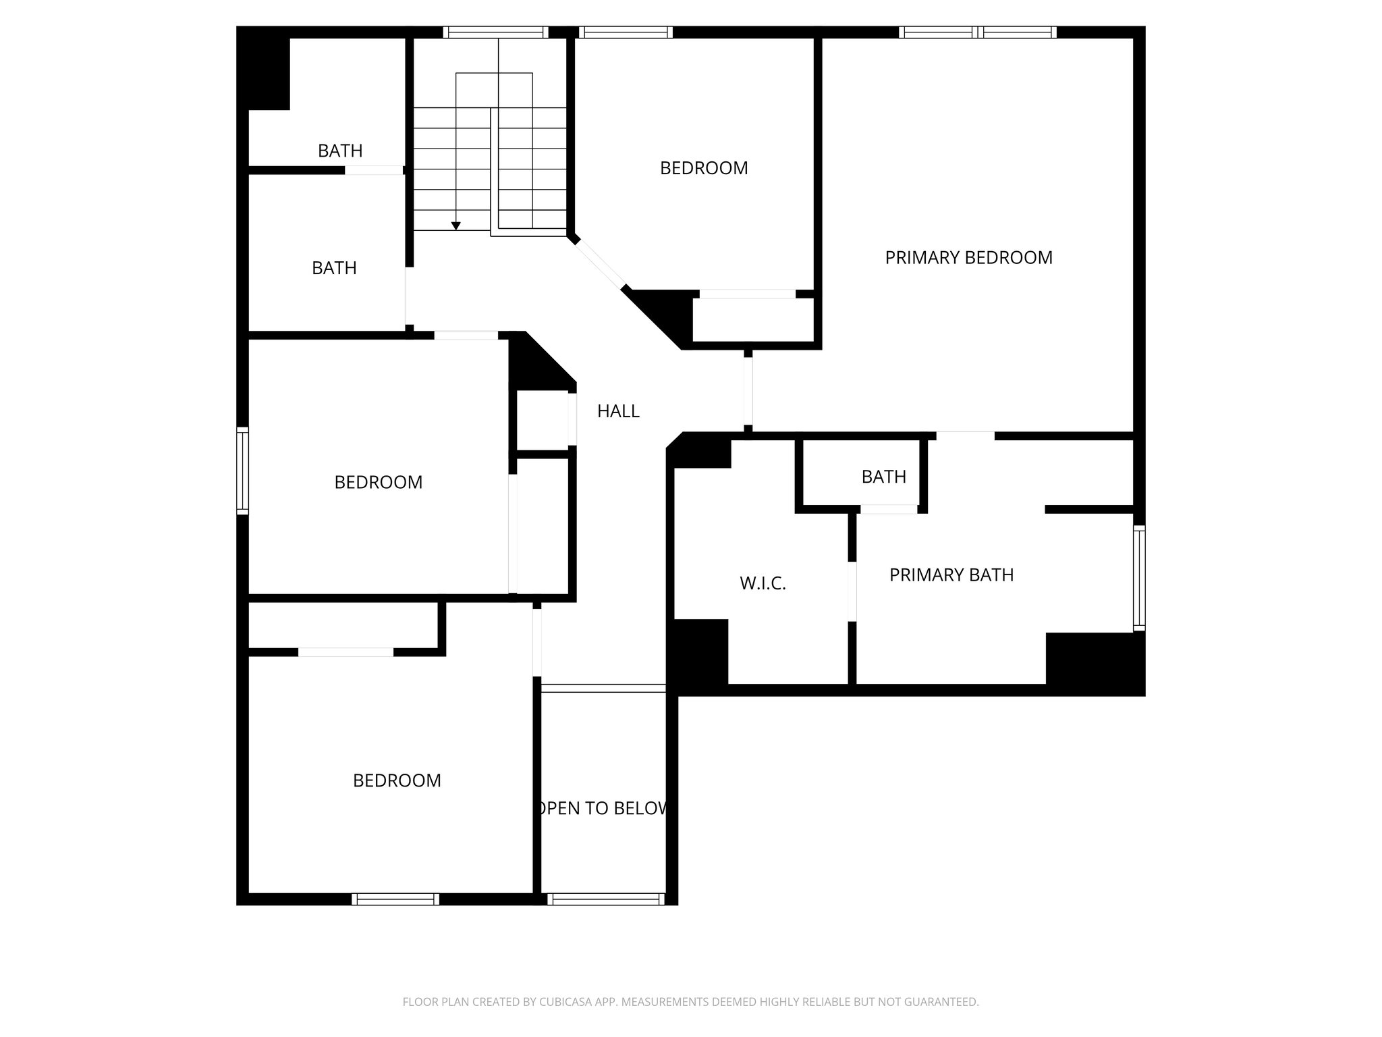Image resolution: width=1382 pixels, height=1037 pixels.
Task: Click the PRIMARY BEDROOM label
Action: (968, 257)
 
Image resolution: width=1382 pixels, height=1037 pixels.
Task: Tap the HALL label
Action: (618, 411)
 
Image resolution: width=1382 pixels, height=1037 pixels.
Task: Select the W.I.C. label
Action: (763, 583)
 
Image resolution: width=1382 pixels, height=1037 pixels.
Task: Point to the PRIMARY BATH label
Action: (951, 575)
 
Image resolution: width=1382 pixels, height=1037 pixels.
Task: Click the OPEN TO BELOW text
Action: (603, 808)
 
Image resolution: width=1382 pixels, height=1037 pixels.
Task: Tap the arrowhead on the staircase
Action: (456, 225)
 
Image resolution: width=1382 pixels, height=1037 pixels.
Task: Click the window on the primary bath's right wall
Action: (1139, 579)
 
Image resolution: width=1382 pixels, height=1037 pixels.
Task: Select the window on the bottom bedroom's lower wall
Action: (395, 899)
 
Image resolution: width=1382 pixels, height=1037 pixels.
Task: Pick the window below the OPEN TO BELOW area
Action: (605, 899)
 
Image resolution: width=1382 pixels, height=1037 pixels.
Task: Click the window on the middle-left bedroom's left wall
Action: (242, 471)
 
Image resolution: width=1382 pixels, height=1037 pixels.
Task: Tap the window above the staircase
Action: (495, 32)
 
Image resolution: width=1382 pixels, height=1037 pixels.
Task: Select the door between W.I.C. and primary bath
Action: (852, 591)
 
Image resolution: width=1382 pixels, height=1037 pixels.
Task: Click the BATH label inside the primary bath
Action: (883, 477)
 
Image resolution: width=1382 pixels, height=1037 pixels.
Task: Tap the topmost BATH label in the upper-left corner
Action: (340, 151)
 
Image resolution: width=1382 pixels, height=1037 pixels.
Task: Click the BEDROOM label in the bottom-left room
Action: (397, 780)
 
